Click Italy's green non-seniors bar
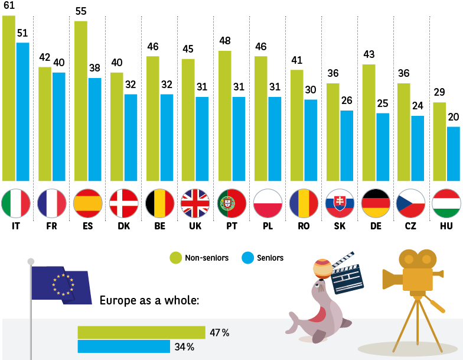9,98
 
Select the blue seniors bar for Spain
94,129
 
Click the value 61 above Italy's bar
8,5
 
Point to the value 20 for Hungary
454,117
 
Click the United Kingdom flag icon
195,203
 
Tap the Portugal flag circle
231,203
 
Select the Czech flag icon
410,203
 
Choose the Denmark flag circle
123,203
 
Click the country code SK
339,226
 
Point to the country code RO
303,226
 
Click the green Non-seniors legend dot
175,258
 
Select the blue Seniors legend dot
247,258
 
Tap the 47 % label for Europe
219,333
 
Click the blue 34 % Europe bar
124,346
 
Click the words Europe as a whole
149,300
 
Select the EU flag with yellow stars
61,284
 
